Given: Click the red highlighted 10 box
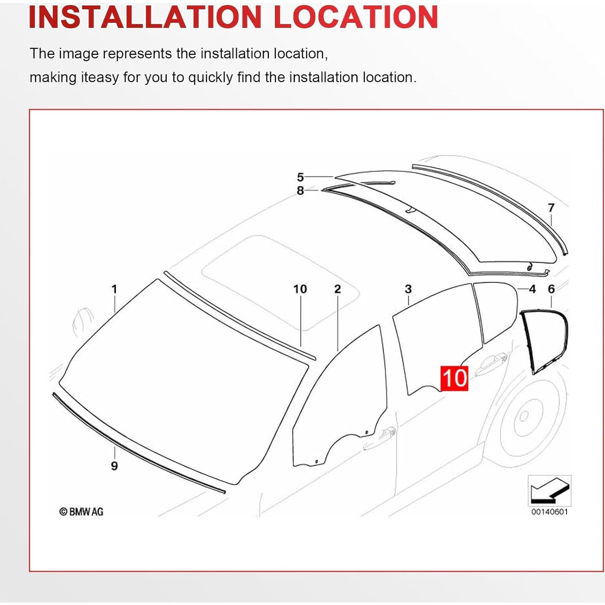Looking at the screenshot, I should tap(454, 378).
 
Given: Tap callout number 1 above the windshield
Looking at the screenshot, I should tap(114, 289).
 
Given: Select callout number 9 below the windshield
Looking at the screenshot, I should tap(114, 466).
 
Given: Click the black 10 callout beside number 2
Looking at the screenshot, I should tap(300, 289).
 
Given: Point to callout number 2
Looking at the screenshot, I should tap(337, 289).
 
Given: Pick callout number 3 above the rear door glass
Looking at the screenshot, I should tap(408, 289).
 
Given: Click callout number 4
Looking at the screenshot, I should tap(532, 289).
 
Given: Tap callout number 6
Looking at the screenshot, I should tap(551, 289).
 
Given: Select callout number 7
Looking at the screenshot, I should tap(551, 208).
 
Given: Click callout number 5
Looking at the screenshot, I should tap(300, 177).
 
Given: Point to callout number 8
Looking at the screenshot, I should tap(300, 190).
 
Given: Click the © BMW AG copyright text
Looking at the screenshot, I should tap(81, 512).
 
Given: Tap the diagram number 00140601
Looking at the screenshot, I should tap(549, 512).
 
